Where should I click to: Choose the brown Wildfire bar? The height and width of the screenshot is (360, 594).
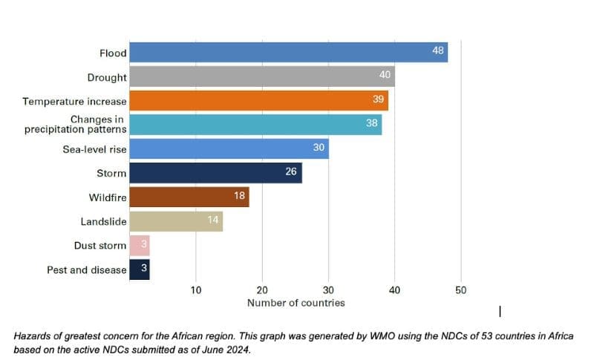tap(189, 197)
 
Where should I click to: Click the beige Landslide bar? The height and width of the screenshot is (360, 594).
tap(175, 221)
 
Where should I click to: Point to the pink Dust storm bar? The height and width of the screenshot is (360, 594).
tap(140, 245)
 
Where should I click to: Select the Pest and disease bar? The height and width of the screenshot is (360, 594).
tap(140, 269)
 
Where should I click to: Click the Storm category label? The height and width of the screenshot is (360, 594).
tap(111, 173)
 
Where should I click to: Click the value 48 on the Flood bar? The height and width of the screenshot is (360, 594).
tap(438, 50)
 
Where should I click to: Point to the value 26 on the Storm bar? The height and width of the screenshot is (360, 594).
tap(292, 171)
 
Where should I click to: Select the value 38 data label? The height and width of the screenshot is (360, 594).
tap(372, 123)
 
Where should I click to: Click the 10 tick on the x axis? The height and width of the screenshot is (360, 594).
tap(196, 290)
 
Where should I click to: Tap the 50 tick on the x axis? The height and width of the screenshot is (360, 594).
tap(460, 290)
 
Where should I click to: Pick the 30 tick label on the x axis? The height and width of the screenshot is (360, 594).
tap(328, 290)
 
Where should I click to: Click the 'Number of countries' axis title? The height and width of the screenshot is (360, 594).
tap(296, 303)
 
